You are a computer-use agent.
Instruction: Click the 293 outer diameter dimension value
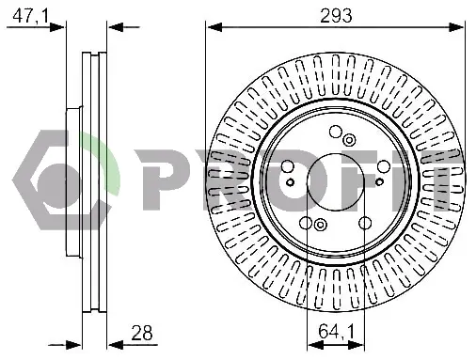point(336,15)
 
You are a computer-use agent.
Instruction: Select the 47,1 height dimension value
point(30,15)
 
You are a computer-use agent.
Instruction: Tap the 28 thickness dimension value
point(142,333)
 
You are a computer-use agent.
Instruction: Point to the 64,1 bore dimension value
point(336,331)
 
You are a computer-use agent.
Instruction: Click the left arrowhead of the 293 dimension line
point(214,27)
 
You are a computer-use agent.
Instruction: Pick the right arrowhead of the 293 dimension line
point(456,27)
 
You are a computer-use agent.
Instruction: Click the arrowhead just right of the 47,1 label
point(56,27)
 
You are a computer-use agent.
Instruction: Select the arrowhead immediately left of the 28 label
point(115,345)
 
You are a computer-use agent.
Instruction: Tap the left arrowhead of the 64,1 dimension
point(315,345)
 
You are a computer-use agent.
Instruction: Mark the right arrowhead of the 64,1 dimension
point(356,345)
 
